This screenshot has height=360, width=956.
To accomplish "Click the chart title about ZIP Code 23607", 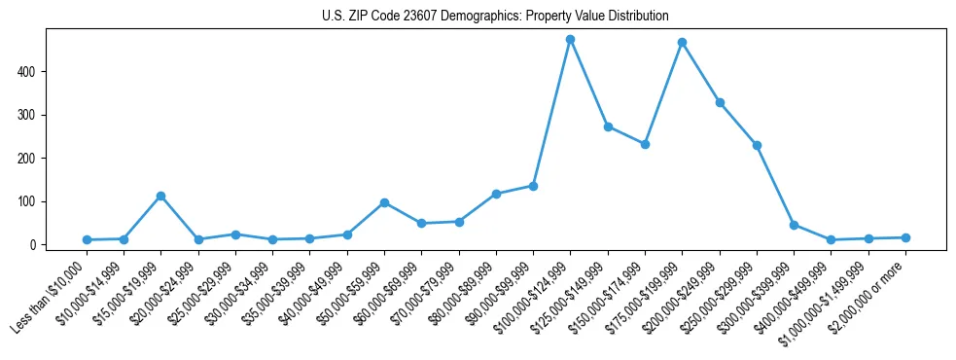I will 495,17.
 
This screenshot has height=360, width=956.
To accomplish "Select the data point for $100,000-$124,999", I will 571,40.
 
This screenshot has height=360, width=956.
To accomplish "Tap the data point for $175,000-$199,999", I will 683,43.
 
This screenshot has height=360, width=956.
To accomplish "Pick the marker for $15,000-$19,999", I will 161,197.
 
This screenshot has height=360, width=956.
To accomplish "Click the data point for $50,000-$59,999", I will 385,202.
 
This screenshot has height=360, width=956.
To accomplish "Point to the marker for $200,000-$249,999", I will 720,102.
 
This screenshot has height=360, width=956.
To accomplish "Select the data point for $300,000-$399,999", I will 794,225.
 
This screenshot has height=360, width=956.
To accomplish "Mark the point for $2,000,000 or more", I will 905,237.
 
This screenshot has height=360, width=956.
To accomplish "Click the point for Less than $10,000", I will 87,239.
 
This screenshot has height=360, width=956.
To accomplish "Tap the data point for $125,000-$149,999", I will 608,126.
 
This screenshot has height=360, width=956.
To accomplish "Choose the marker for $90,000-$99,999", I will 534,186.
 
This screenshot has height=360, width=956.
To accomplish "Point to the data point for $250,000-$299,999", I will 757,145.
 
